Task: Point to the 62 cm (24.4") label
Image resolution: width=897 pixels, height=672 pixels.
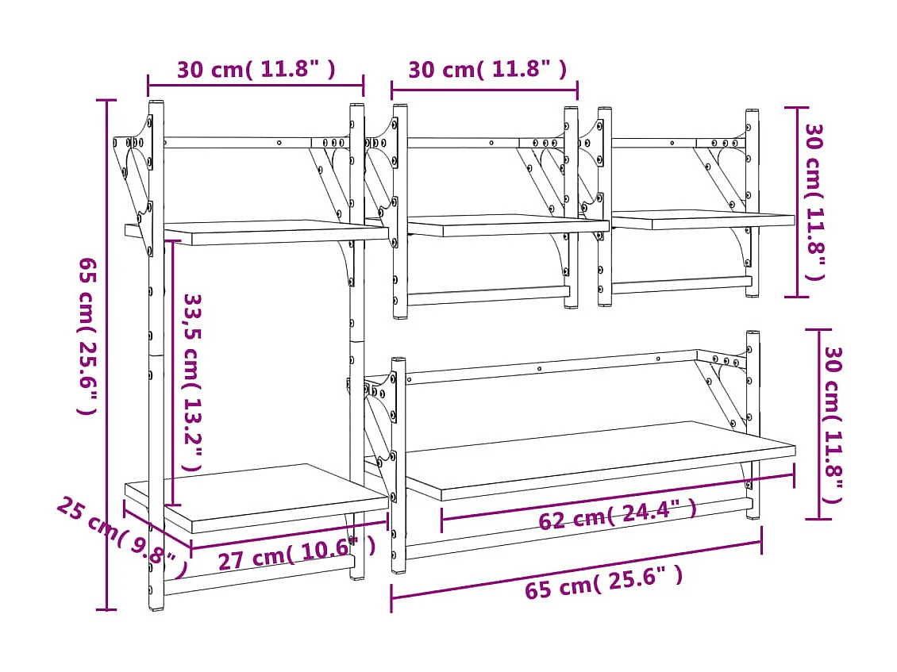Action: pyautogui.click(x=617, y=515)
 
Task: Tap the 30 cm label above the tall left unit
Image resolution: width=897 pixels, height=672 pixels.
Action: pyautogui.click(x=256, y=70)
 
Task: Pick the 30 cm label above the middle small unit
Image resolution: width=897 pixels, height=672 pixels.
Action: pyautogui.click(x=487, y=70)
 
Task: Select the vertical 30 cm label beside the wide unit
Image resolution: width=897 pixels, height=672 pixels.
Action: pyautogui.click(x=832, y=424)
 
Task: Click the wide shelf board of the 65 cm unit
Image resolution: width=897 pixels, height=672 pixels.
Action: pyautogui.click(x=595, y=460)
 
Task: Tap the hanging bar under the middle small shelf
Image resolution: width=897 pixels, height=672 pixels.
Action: pyautogui.click(x=487, y=295)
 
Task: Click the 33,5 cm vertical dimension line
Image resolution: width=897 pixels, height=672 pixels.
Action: pyautogui.click(x=172, y=373)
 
